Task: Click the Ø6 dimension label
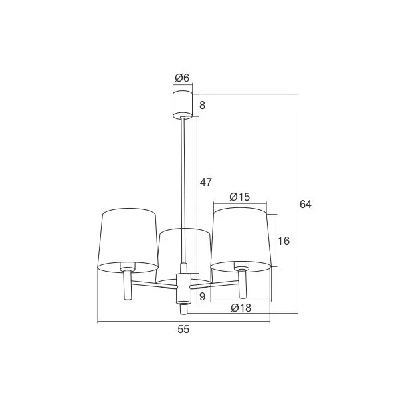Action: click(182, 78)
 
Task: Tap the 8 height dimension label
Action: click(203, 105)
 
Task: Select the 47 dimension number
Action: click(206, 182)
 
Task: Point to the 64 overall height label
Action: click(306, 204)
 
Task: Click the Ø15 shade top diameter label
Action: click(240, 197)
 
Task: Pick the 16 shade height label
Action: click(284, 241)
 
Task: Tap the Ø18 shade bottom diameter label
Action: click(241, 308)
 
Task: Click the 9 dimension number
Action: click(203, 296)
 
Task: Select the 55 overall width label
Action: click(183, 329)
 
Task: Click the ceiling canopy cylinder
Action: click(183, 104)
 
